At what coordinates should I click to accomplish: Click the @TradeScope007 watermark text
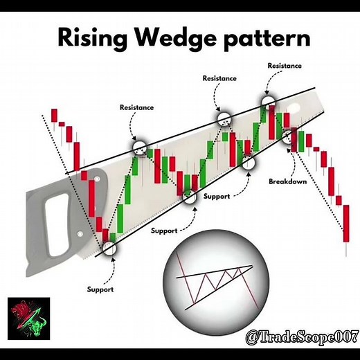click(x=299, y=337)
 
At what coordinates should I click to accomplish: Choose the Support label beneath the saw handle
click(x=100, y=289)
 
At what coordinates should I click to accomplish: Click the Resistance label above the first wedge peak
click(x=136, y=108)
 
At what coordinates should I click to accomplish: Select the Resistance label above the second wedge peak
click(x=219, y=78)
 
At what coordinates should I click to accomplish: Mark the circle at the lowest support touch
click(x=109, y=248)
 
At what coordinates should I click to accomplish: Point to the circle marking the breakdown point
click(x=289, y=135)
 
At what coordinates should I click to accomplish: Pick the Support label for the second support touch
click(x=164, y=230)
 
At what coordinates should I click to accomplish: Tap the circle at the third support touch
click(x=248, y=163)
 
